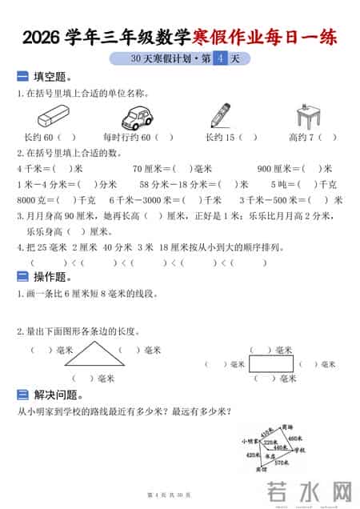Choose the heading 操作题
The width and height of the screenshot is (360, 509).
point(52,277)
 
